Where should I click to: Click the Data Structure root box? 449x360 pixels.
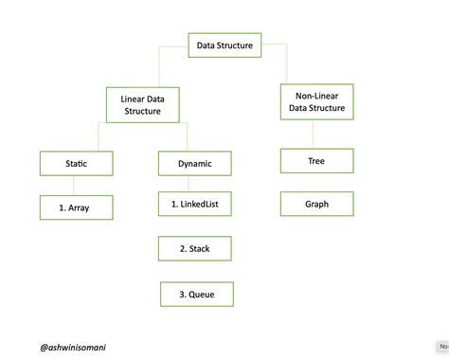[x=224, y=45]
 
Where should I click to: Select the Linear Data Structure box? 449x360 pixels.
[x=141, y=104]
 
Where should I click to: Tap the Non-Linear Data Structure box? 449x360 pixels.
[x=316, y=102]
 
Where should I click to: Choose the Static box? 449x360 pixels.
[x=77, y=163]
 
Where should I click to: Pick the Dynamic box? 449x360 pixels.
[x=195, y=163]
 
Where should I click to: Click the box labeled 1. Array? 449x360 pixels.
[x=77, y=207]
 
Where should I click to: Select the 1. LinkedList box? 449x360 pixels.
[x=195, y=204]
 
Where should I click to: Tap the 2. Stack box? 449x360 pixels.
[x=195, y=248]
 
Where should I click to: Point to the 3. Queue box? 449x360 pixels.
[x=196, y=294]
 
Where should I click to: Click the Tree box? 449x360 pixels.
[x=316, y=161]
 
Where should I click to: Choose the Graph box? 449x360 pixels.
[x=316, y=204]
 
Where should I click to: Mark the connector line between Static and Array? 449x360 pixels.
[x=77, y=185]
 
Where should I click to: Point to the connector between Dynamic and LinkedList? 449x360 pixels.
[x=195, y=183]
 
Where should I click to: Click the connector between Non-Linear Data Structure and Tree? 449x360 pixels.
[x=316, y=135]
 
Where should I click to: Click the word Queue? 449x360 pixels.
[x=201, y=294]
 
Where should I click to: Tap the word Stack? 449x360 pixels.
[x=200, y=248]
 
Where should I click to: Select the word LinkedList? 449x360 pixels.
[x=200, y=204]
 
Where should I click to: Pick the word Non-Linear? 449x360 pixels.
[x=316, y=96]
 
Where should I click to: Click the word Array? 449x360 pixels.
[x=81, y=207]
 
